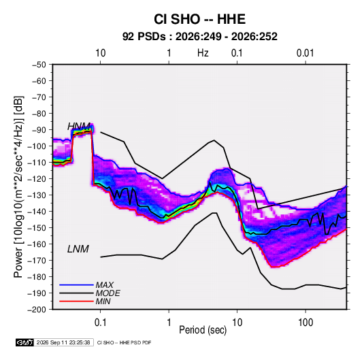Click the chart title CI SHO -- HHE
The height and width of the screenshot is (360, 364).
pyautogui.click(x=199, y=19)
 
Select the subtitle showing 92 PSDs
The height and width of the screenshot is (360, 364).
pyautogui.click(x=199, y=37)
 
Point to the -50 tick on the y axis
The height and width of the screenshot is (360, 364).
pyautogui.click(x=39, y=65)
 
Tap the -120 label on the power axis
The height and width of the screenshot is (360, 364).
pyautogui.click(x=37, y=179)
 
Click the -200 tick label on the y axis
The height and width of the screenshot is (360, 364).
pyautogui.click(x=37, y=310)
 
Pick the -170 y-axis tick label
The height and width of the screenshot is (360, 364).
pyautogui.click(x=37, y=261)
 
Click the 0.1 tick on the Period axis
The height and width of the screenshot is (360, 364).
pyautogui.click(x=100, y=323)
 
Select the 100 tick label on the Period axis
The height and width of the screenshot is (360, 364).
pyautogui.click(x=305, y=323)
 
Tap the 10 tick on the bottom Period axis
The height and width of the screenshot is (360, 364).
pyautogui.click(x=237, y=323)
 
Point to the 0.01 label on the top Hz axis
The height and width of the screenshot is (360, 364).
pyautogui.click(x=305, y=53)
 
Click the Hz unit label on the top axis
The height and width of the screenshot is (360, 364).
pyautogui.click(x=203, y=53)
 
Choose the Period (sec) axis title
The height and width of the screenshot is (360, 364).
pyautogui.click(x=203, y=330)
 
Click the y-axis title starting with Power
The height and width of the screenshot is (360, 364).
pyautogui.click(x=18, y=187)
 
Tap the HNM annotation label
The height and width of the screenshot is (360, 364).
pyautogui.click(x=79, y=127)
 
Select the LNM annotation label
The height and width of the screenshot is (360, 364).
pyautogui.click(x=78, y=249)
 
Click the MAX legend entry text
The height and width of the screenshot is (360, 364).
pyautogui.click(x=105, y=285)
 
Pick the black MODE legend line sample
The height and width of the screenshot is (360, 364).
pyautogui.click(x=76, y=293)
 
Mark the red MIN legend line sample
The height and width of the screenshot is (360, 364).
pyautogui.click(x=76, y=301)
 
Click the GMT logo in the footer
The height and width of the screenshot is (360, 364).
pyautogui.click(x=25, y=342)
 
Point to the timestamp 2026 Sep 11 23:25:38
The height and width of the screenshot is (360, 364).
pyautogui.click(x=63, y=342)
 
